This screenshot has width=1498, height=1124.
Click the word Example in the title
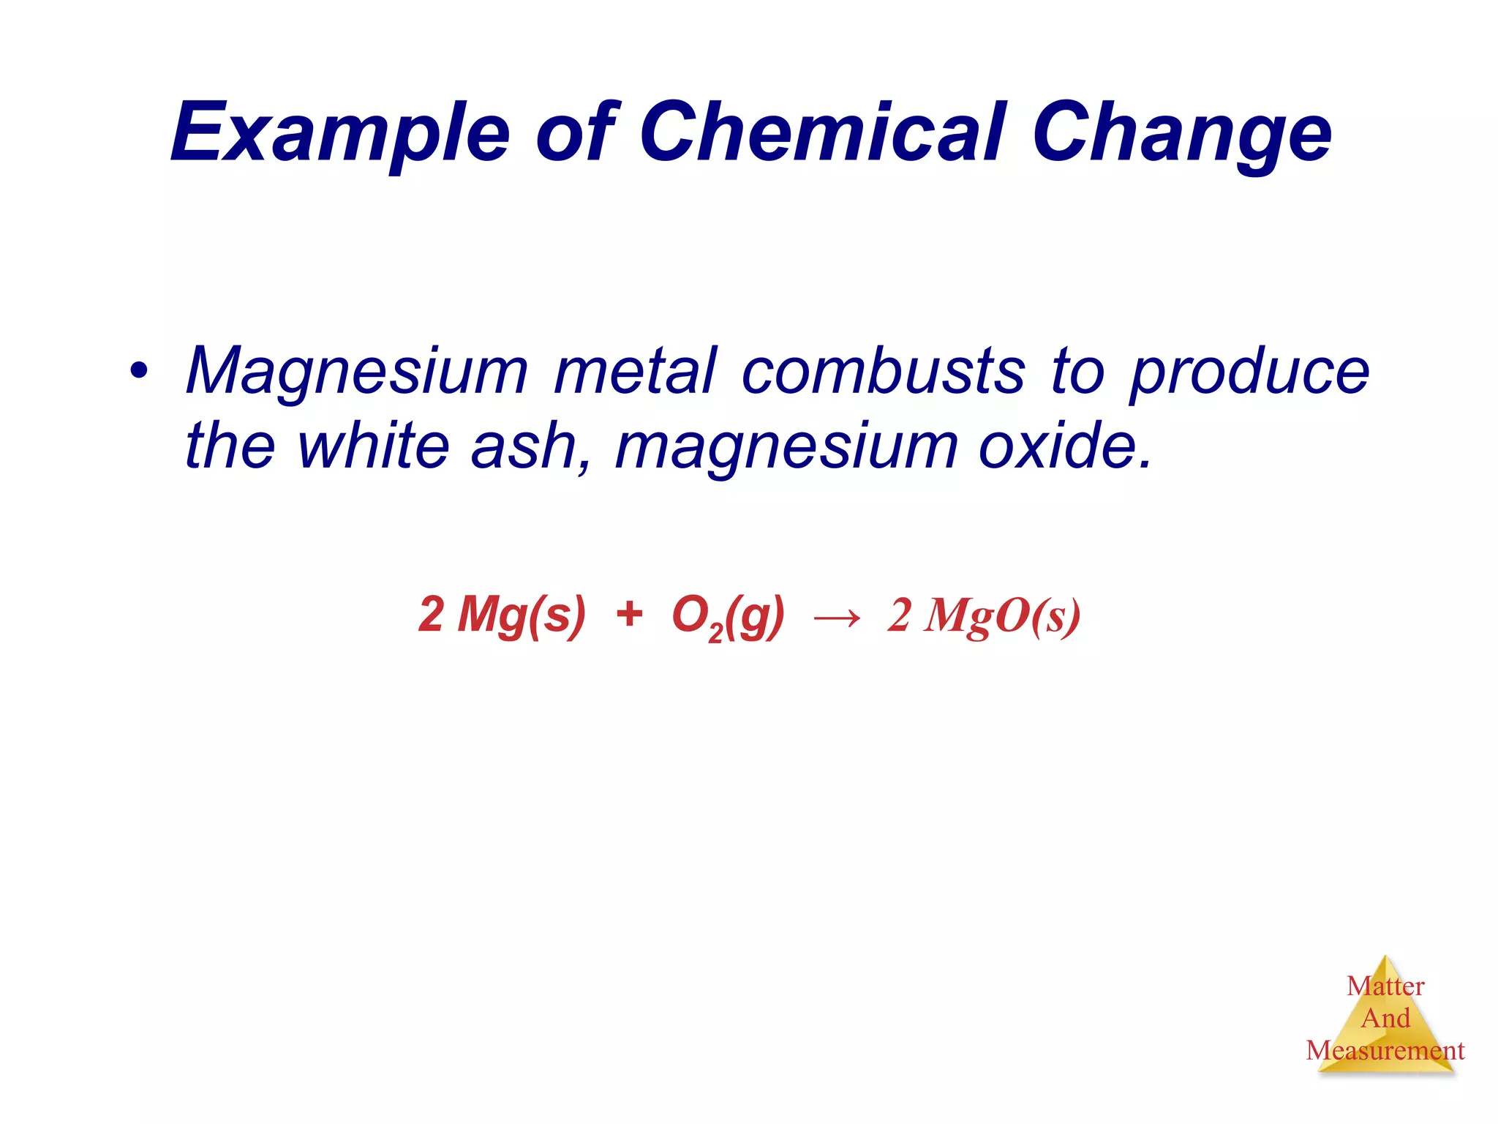point(340,133)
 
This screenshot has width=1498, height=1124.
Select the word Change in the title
point(1181,133)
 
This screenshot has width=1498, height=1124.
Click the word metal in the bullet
point(636,371)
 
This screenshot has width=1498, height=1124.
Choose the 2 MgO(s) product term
point(984,616)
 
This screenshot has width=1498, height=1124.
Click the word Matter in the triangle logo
point(1385,986)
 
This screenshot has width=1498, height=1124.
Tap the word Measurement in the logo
point(1385,1051)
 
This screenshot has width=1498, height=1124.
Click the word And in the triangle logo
point(1385,1019)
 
